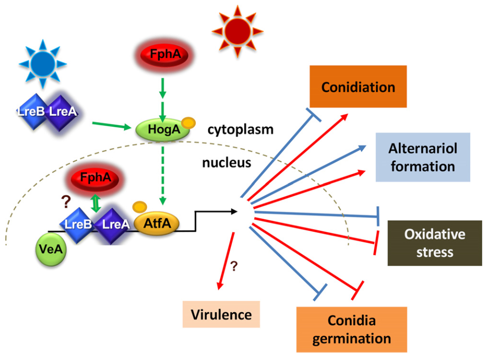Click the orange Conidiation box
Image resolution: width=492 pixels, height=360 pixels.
[x=358, y=86]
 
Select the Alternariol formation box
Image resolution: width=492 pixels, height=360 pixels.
[x=423, y=157]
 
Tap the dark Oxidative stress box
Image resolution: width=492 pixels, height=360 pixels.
[x=435, y=243]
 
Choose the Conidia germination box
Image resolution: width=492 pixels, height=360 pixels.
[x=351, y=330]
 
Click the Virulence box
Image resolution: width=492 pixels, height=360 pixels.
[x=221, y=315]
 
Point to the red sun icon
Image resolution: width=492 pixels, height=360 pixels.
[x=237, y=31]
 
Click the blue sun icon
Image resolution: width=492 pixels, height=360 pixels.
[x=43, y=64]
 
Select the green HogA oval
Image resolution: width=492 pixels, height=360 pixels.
[x=163, y=129]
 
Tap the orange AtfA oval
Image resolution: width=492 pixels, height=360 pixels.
[x=157, y=224]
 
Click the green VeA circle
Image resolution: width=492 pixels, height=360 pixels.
[x=51, y=250]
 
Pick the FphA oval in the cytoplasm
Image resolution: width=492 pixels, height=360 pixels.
[x=165, y=55]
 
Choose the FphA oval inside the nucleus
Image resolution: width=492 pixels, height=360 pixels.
[x=95, y=178]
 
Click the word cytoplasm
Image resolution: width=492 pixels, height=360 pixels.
[x=240, y=129]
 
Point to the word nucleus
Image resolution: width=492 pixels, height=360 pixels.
[x=226, y=163]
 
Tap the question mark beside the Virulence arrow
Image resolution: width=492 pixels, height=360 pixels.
[x=234, y=266]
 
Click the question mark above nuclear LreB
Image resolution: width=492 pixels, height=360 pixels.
[x=66, y=202]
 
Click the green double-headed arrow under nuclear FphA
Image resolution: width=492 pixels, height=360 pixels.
[x=96, y=203]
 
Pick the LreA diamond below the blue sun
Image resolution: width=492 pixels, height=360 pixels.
[x=62, y=112]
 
